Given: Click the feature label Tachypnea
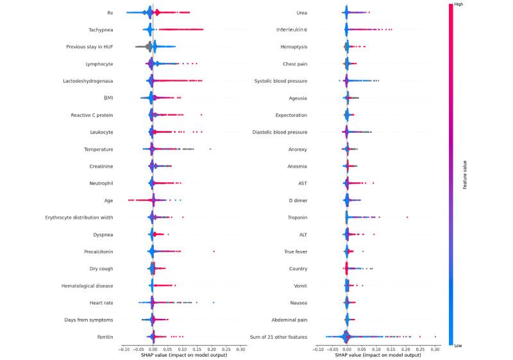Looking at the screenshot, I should pos(101,30).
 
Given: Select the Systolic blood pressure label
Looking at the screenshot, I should pos(290,81).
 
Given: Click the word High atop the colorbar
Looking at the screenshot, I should pos(458,4).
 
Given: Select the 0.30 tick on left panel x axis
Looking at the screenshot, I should pos(240,349).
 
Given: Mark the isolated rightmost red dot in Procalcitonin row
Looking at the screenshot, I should pos(214,251).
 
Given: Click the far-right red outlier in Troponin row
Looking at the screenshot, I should pos(407,217).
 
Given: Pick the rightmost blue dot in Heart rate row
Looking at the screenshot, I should pos(213,302).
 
